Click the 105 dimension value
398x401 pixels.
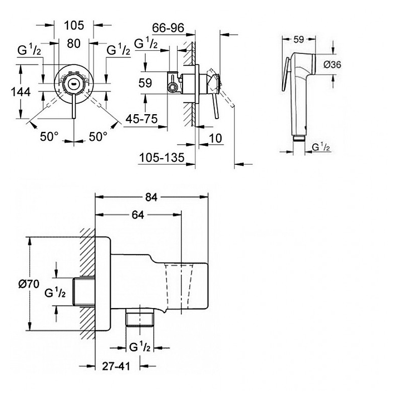[74, 25]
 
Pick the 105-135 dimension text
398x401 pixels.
[161, 158]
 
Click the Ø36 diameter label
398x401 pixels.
[332, 65]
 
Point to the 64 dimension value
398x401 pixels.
[139, 214]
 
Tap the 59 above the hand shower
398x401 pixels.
[298, 40]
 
